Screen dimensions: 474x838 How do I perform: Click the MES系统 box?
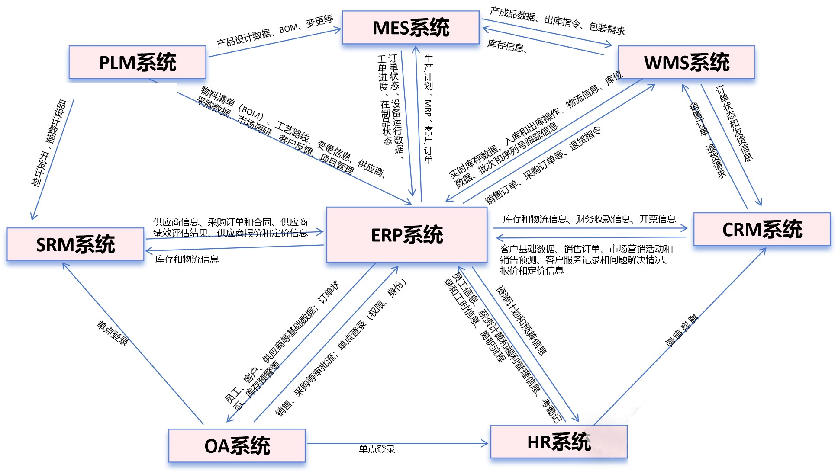pyautogui.click(x=410, y=27)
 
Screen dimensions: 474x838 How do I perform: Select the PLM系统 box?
pyautogui.click(x=137, y=62)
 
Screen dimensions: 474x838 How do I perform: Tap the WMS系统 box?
pyautogui.click(x=686, y=62)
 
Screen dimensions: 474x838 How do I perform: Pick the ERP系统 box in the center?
pyautogui.click(x=406, y=235)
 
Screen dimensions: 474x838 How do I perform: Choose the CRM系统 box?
pyautogui.click(x=762, y=229)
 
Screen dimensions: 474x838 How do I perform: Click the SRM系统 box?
pyautogui.click(x=75, y=244)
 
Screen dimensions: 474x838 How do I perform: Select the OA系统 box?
pyautogui.click(x=237, y=445)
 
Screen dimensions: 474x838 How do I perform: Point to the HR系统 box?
pyautogui.click(x=558, y=442)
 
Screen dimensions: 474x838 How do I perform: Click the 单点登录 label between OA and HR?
pyautogui.click(x=377, y=449)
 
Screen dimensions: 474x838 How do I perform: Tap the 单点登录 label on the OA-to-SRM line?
pyautogui.click(x=112, y=333)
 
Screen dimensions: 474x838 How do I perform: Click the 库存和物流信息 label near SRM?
pyautogui.click(x=187, y=259)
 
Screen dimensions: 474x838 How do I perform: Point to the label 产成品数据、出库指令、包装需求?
pyautogui.click(x=557, y=21)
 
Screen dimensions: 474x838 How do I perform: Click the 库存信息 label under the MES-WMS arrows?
pyautogui.click(x=506, y=45)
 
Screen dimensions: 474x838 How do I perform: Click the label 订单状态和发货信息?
pyautogui.click(x=734, y=124)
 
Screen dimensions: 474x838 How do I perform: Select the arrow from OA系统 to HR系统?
pyautogui.click(x=397, y=443)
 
